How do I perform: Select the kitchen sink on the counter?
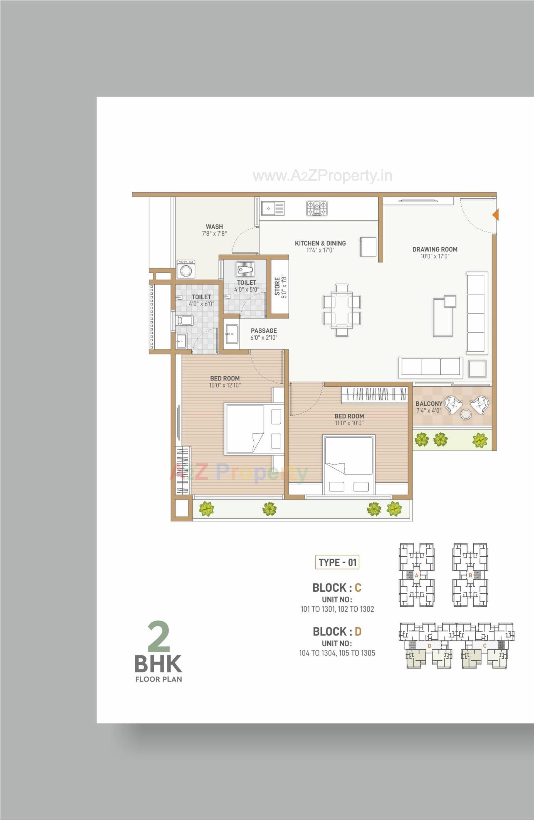(273, 208)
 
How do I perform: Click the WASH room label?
(214, 227)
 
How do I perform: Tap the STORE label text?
(277, 286)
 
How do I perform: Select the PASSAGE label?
(264, 331)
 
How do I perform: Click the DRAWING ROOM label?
(435, 249)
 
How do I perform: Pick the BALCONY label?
(429, 403)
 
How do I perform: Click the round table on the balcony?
(466, 414)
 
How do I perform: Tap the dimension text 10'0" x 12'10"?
(225, 386)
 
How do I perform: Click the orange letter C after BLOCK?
(358, 587)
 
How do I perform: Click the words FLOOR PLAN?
(159, 680)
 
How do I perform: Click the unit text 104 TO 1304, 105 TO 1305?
(337, 653)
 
